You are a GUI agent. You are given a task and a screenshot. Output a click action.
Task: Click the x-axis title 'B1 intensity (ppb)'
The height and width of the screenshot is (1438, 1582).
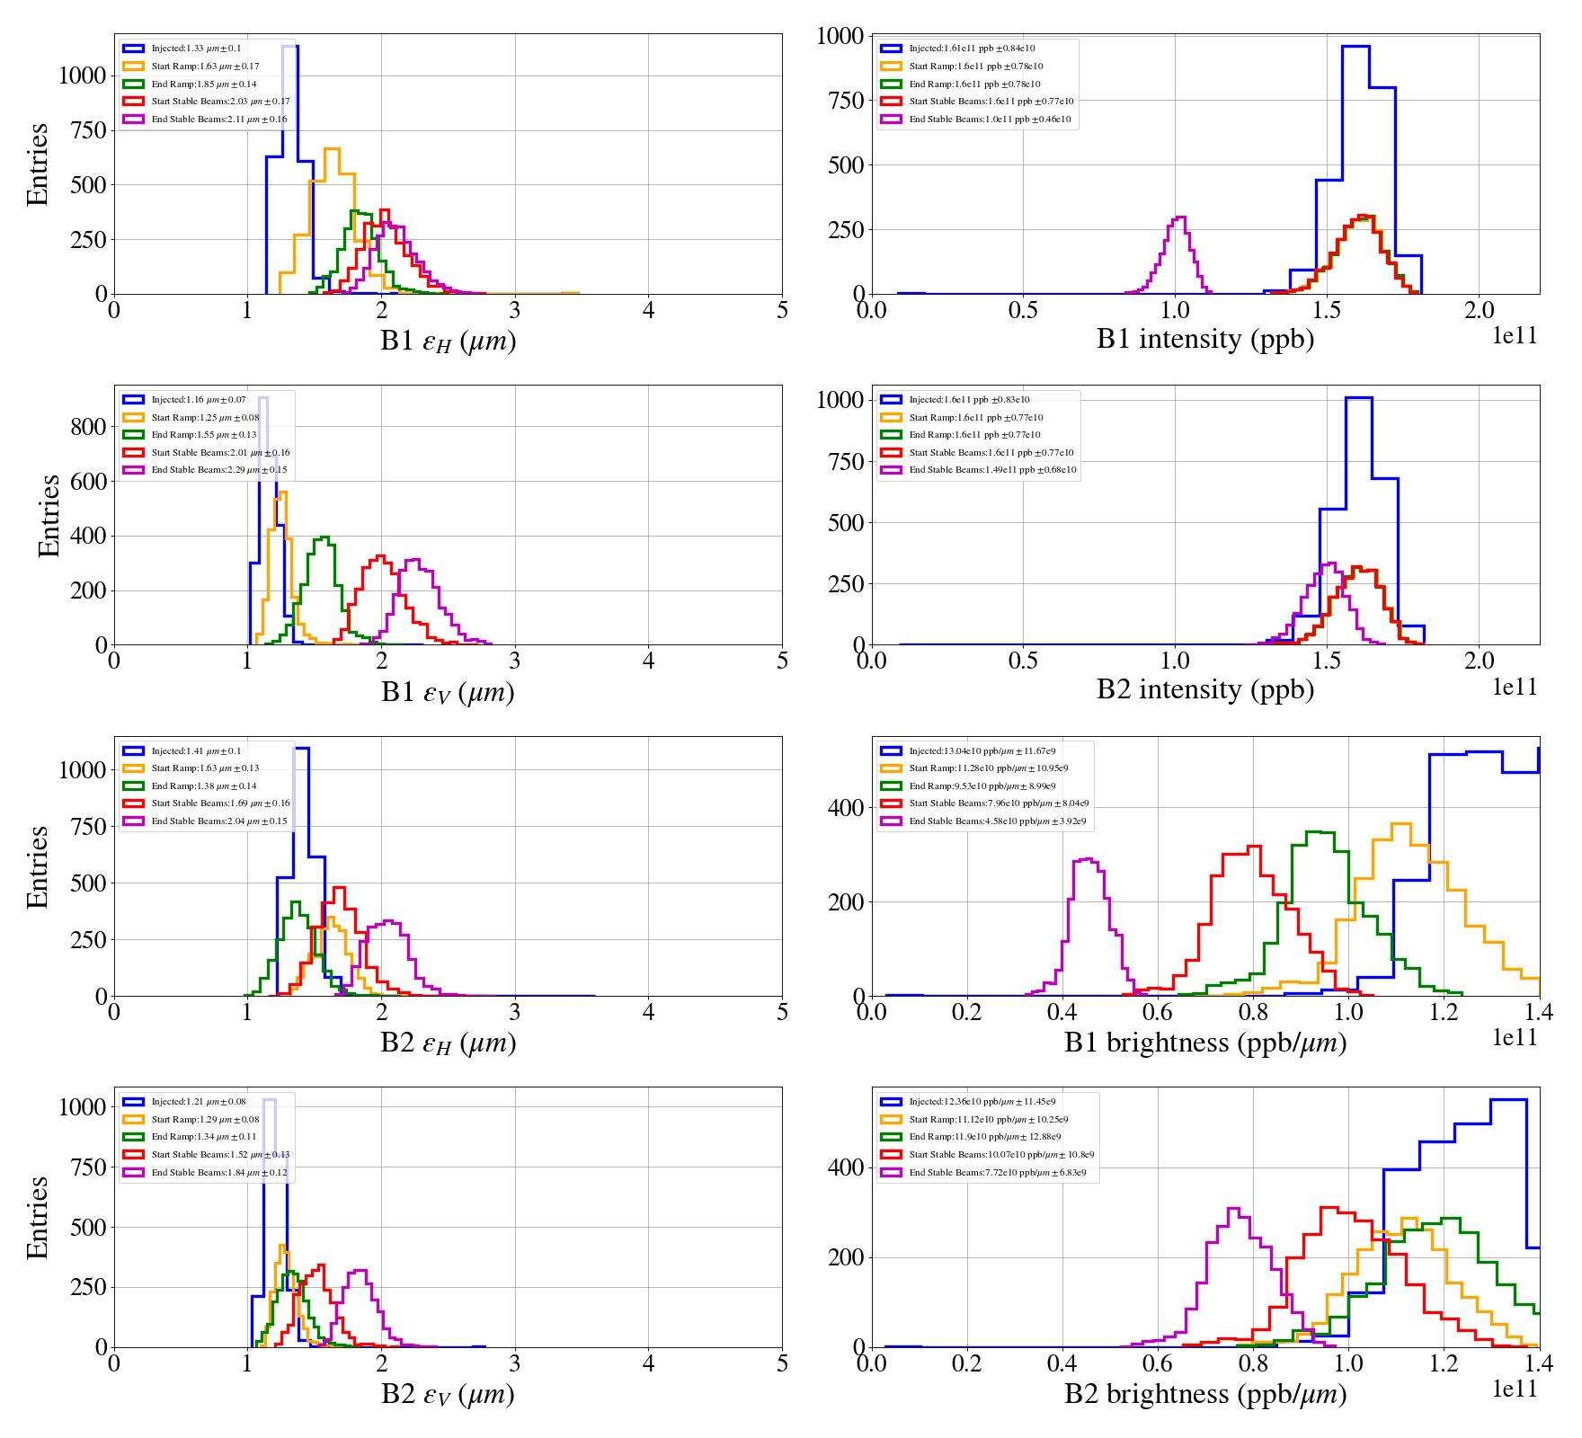(x=1204, y=340)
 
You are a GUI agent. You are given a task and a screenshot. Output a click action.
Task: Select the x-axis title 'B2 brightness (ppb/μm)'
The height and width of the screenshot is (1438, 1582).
(x=1204, y=1394)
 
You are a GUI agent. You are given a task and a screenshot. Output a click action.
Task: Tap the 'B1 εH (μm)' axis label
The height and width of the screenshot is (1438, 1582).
(x=448, y=342)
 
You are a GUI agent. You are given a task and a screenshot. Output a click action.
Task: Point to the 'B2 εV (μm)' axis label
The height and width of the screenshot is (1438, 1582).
(x=448, y=1395)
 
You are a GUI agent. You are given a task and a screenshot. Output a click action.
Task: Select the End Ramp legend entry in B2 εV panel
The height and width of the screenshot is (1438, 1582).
(x=203, y=1137)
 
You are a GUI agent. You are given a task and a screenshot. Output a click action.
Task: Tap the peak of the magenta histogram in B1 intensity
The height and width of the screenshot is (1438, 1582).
(x=1179, y=217)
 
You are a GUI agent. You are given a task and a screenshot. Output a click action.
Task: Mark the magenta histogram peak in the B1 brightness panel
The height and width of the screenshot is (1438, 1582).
(x=1086, y=859)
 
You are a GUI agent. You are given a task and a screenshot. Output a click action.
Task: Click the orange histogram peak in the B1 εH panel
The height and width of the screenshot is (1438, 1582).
(x=332, y=149)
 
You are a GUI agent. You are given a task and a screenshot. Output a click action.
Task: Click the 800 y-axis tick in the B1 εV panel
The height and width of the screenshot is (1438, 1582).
(x=88, y=427)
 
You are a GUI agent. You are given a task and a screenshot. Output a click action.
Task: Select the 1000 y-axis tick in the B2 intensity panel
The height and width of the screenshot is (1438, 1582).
(x=840, y=400)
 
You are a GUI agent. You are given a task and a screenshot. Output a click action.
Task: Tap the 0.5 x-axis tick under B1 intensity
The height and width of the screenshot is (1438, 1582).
(x=1023, y=311)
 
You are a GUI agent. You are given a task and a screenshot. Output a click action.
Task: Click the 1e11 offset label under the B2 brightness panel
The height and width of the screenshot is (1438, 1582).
(x=1515, y=1389)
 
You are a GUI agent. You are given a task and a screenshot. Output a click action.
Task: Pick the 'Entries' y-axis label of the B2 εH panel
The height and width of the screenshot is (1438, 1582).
(x=38, y=866)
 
